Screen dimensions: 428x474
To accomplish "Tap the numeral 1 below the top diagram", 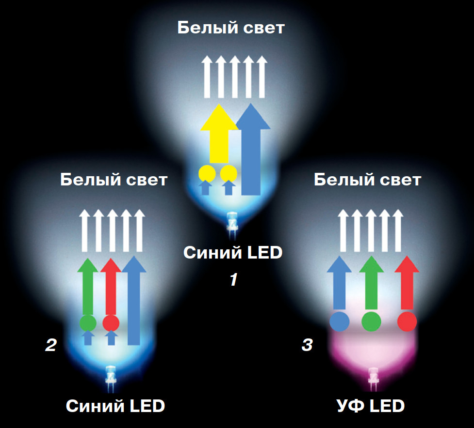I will [x=234, y=279].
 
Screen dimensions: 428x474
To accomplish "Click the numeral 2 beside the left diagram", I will [x=50, y=345].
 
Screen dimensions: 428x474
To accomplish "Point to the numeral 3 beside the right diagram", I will [x=307, y=345].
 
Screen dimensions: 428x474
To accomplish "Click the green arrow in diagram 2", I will [x=88, y=288].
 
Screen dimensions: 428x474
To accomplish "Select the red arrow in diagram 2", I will [x=111, y=288].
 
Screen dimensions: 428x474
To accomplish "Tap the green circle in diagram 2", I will [x=88, y=322].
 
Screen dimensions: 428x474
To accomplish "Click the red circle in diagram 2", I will [x=111, y=322].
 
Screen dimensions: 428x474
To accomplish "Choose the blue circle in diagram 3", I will [x=339, y=321].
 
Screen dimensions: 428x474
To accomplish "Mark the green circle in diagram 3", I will [x=372, y=321].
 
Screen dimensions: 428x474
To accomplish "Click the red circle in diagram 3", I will [x=407, y=321].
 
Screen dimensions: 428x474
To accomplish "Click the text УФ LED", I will [x=370, y=406].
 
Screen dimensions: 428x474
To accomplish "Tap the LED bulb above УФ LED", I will [x=373, y=378].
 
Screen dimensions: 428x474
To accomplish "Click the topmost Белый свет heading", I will [x=230, y=28].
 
